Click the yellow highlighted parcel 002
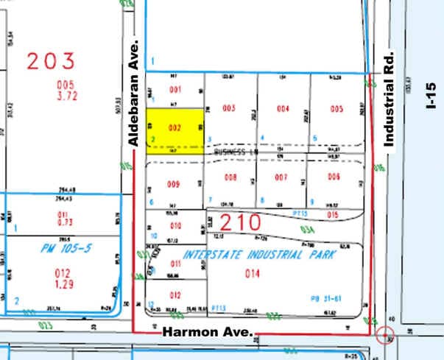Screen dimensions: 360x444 (x=175, y=130)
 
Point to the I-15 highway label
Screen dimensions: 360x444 (x=431, y=96)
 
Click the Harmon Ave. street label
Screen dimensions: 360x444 (x=208, y=333)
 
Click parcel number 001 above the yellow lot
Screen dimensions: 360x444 (x=175, y=90)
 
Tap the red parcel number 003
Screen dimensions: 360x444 (x=228, y=109)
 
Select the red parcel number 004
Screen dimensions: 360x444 (x=283, y=109)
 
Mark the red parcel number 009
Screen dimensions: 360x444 (x=174, y=184)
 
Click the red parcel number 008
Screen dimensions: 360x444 (x=230, y=177)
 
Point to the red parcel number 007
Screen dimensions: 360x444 (x=281, y=177)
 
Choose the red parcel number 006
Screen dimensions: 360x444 (x=334, y=177)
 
